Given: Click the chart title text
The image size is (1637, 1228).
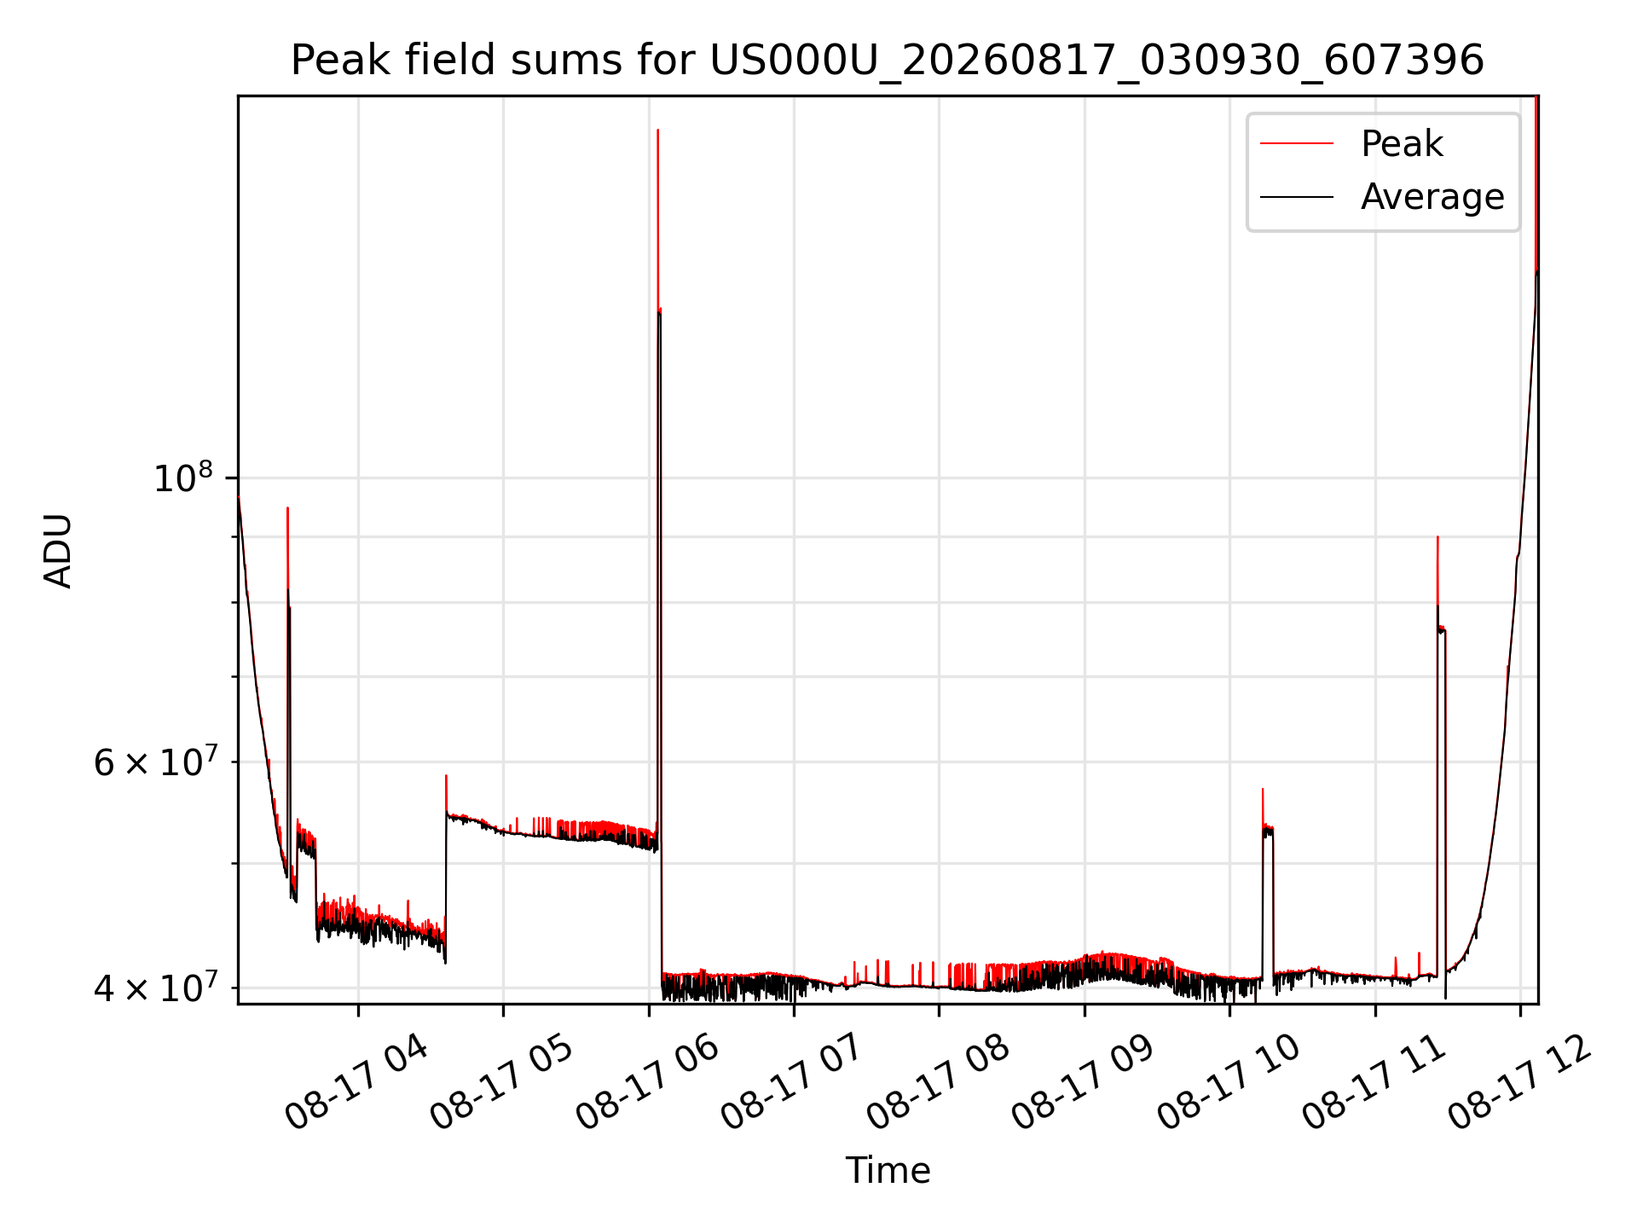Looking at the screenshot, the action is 888,61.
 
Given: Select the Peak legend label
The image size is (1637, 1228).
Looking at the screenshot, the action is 1402,143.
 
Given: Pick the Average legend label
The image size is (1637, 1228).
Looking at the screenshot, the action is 1432,197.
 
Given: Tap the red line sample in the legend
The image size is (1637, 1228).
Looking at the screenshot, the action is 1297,144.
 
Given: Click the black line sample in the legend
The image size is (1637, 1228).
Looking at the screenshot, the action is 1297,197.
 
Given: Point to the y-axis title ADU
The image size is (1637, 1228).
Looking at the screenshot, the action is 58,550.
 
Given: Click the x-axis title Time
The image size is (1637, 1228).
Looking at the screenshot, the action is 888,1170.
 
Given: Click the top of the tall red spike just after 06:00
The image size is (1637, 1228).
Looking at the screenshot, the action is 658,130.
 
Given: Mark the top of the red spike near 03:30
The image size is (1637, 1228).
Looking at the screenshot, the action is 288,508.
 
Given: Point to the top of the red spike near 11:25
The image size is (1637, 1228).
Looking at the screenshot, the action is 1437,537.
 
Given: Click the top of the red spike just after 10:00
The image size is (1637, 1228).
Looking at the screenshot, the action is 1263,790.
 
